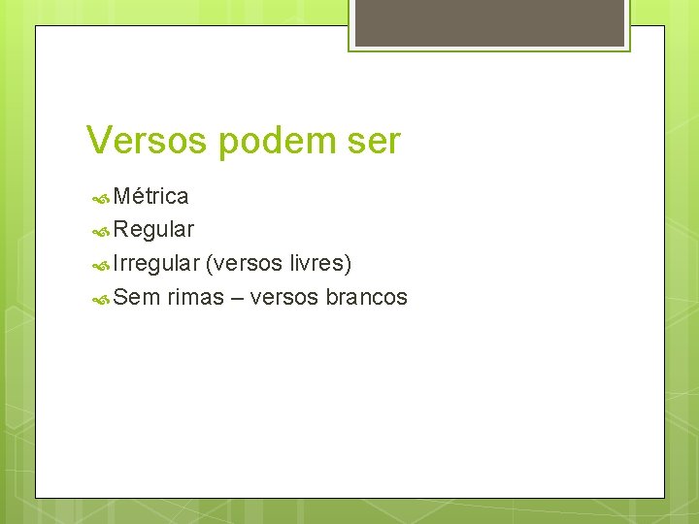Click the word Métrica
150,197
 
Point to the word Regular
153,231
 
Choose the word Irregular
156,264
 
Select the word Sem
136,298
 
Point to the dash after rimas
237,298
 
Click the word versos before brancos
284,298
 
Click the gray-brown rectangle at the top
489,22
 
